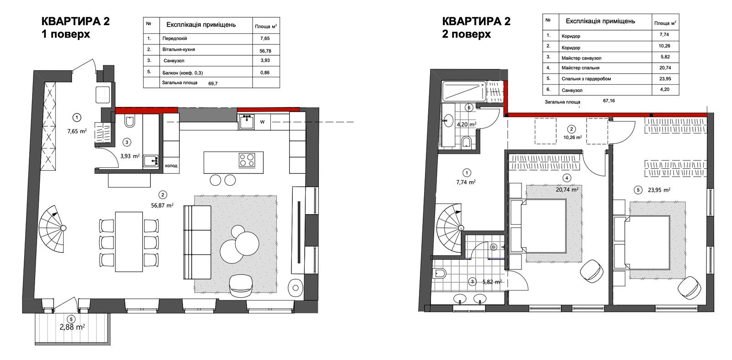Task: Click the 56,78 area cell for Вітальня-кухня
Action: (x=266, y=51)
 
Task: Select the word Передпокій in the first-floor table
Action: (x=174, y=38)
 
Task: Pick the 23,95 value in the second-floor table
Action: (x=664, y=78)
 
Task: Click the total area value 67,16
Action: (x=609, y=101)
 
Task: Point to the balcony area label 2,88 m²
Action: (x=72, y=327)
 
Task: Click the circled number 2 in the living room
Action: (x=162, y=195)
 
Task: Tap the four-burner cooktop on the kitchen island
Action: (x=247, y=160)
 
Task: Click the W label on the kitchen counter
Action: (x=262, y=122)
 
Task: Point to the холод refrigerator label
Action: (x=171, y=166)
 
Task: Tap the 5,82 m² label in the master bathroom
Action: (x=492, y=282)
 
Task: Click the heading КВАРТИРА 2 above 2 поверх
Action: (x=476, y=21)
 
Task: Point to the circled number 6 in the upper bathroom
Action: (x=469, y=107)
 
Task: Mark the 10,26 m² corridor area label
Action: (x=572, y=138)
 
